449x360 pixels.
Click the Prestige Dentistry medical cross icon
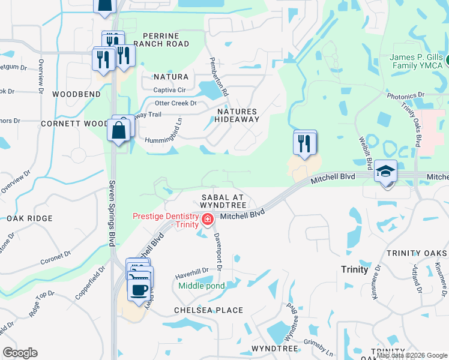pyautogui.click(x=208, y=220)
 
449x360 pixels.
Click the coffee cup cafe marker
pyautogui.click(x=140, y=290)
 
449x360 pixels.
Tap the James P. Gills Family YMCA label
pyautogui.click(x=416, y=62)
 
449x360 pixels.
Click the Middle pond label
pyautogui.click(x=201, y=286)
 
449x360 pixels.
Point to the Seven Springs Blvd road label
pyautogui.click(x=111, y=212)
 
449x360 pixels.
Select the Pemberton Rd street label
pyautogui.click(x=218, y=77)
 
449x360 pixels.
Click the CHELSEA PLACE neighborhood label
pyautogui.click(x=208, y=310)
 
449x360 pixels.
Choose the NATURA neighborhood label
pyautogui.click(x=171, y=77)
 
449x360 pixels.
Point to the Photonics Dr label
pyautogui.click(x=405, y=95)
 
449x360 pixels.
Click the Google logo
pyautogui.click(x=20, y=353)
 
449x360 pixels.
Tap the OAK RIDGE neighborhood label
pyautogui.click(x=28, y=219)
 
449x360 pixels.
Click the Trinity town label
pyautogui.click(x=354, y=269)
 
